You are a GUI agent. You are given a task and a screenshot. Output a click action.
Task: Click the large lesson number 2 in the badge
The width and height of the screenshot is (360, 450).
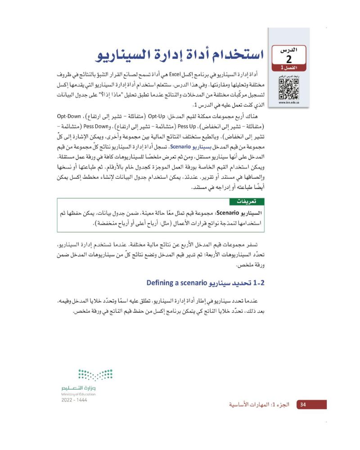288,59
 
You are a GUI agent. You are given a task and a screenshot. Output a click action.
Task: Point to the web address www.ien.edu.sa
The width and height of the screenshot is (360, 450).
288,103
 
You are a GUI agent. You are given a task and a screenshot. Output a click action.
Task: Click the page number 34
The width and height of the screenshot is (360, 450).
303,405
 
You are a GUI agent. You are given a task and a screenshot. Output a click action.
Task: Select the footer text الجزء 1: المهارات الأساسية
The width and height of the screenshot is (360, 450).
261,405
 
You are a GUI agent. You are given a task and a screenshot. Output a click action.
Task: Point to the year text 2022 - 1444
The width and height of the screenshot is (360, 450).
74,400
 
